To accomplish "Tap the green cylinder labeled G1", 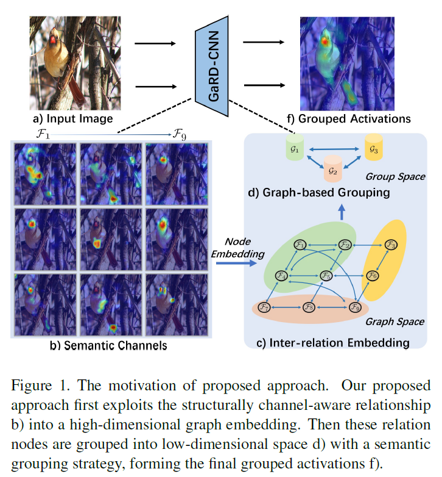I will coord(295,148).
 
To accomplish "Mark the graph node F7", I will coord(264,306).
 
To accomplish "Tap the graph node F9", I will coord(355,307).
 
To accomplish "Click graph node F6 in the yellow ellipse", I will coord(373,276).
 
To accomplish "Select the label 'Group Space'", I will coord(395,177).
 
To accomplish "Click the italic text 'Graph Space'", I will coord(395,321).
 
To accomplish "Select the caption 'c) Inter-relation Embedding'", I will coord(332,343).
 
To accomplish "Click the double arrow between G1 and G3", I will coord(333,148).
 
